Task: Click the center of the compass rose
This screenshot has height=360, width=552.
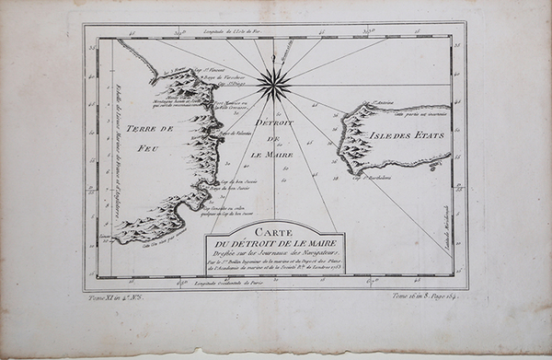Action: [274, 85]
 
